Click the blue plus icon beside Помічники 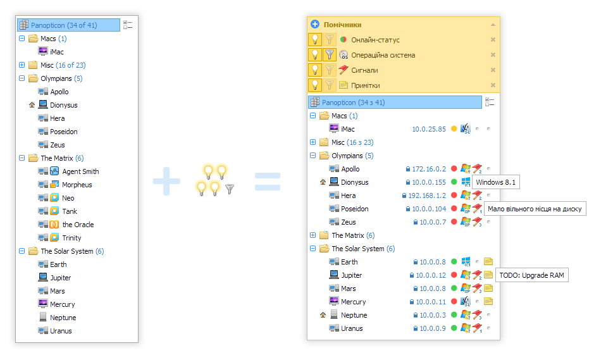click(314, 24)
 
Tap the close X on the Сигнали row click(493, 70)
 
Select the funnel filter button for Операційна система click(330, 54)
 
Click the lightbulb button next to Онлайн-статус click(314, 39)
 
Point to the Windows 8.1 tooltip click(496, 182)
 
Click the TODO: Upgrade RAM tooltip click(531, 275)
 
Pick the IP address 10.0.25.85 click(429, 129)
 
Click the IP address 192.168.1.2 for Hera click(427, 196)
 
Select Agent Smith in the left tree click(80, 171)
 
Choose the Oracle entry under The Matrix click(78, 225)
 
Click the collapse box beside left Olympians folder click(22, 78)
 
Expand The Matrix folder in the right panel click(313, 235)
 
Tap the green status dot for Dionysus click(454, 182)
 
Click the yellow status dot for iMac click(454, 128)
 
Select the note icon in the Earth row click(488, 261)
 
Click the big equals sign click(268, 182)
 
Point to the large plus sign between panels click(166, 181)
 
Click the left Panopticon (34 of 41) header click(69, 25)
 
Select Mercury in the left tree click(62, 304)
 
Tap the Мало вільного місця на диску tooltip click(535, 209)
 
